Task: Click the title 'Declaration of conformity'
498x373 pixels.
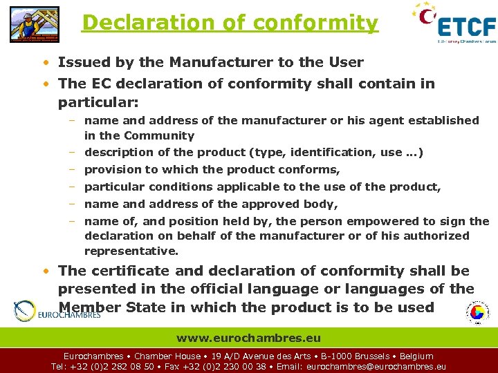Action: [x=230, y=23]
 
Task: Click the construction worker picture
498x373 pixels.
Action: [x=34, y=24]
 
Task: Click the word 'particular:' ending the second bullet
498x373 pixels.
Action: [x=98, y=102]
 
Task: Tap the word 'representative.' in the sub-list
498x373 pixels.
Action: [x=131, y=251]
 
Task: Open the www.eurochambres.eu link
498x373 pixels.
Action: [x=248, y=338]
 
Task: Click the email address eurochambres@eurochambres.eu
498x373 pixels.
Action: [x=376, y=367]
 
